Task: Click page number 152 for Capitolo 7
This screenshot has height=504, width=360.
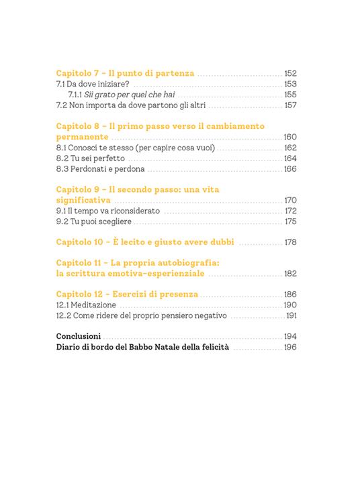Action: pos(290,73)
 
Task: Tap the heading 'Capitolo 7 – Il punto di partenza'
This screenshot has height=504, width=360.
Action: pos(125,73)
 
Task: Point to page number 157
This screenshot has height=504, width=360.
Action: pos(290,106)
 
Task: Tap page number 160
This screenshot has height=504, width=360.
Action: pos(290,137)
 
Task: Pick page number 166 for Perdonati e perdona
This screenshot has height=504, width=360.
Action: pos(290,169)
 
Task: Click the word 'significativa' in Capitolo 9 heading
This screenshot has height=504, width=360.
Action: pos(83,200)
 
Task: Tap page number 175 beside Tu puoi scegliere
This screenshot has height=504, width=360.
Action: pos(290,221)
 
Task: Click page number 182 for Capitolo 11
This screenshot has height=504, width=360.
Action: pos(290,274)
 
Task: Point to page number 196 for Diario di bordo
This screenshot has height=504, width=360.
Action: pos(290,347)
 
